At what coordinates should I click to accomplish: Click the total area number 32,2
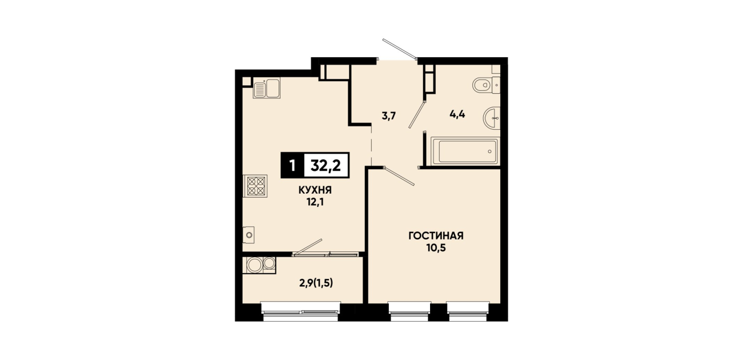point(326,165)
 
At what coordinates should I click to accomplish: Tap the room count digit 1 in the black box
point(292,165)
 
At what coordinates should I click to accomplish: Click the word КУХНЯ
point(315,190)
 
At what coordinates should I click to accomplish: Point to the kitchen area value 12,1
point(315,202)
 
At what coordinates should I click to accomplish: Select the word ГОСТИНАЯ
point(436,236)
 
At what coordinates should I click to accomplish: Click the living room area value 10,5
point(436,248)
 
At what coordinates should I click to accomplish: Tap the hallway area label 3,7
point(389,117)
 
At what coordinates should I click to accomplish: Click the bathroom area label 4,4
point(457,115)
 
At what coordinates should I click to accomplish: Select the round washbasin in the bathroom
point(492,118)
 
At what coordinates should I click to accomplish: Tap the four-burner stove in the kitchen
point(255,186)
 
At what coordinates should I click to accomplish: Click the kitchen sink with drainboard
point(266,88)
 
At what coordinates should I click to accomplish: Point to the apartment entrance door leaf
point(399,49)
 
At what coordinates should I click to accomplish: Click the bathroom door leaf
point(417,115)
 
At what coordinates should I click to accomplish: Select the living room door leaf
point(399,176)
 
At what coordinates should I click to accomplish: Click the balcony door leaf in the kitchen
point(307,247)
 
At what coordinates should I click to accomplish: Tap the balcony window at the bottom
point(300,311)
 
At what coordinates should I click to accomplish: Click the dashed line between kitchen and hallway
point(371,146)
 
